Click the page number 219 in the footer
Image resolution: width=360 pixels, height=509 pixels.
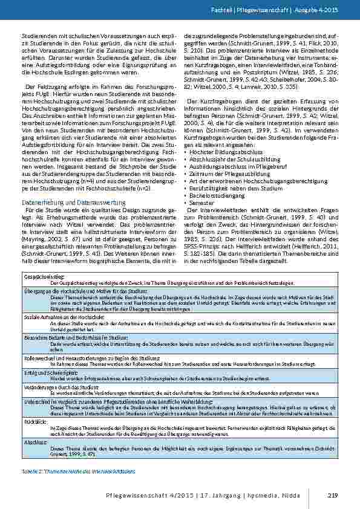(331, 496)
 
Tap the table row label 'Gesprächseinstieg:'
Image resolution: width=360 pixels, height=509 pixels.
(38, 275)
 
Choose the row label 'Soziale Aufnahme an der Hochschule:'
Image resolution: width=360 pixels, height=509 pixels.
(55, 317)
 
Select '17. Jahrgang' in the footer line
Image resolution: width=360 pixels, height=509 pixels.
(247, 496)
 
